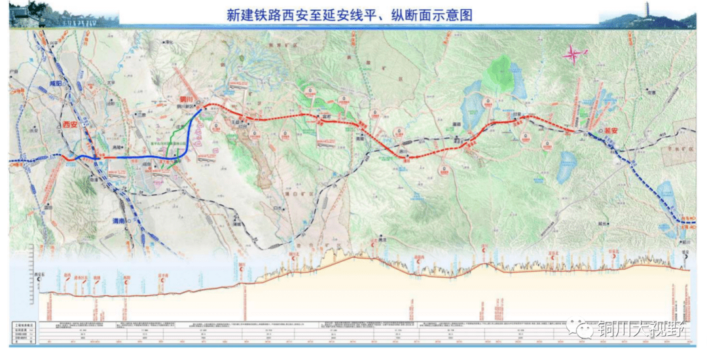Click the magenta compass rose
[571, 55]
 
